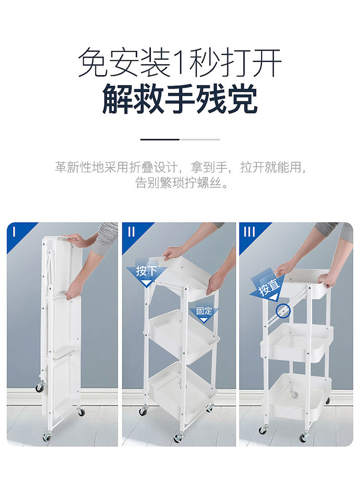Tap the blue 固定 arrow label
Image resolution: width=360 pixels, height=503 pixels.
point(204,313)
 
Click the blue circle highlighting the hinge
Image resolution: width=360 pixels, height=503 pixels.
point(283,311)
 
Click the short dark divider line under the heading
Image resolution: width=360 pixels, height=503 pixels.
point(160,140)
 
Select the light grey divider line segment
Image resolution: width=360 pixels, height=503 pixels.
point(200,140)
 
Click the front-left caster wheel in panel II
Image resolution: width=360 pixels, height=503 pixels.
point(143,411)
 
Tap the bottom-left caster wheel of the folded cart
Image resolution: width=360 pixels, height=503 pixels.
point(47,437)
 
